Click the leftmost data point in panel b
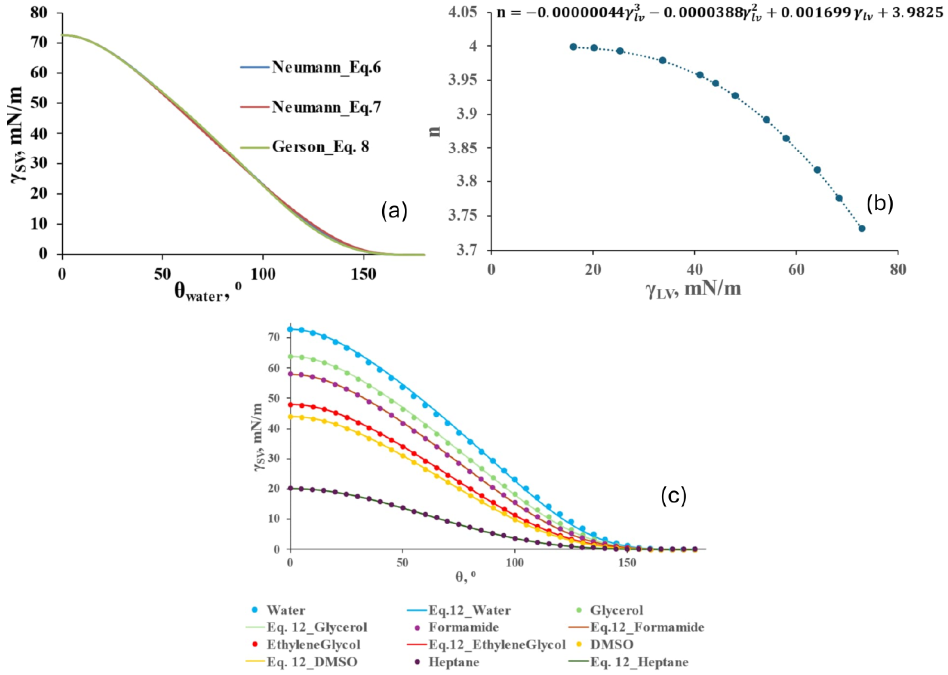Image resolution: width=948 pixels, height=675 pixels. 573,47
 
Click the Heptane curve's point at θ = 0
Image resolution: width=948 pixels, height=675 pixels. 290,488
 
